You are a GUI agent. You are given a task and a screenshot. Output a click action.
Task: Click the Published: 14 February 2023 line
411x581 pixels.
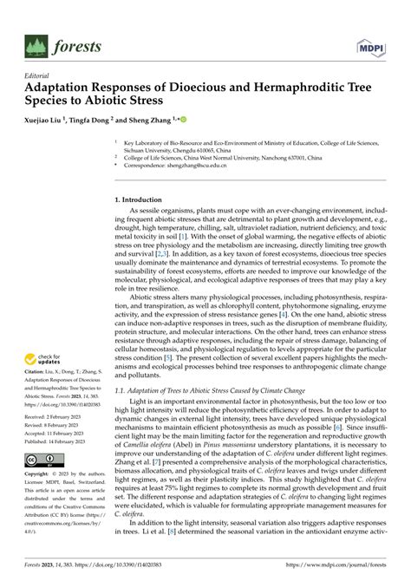(59, 441)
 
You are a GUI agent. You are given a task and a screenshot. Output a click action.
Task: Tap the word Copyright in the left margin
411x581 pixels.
(39, 475)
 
